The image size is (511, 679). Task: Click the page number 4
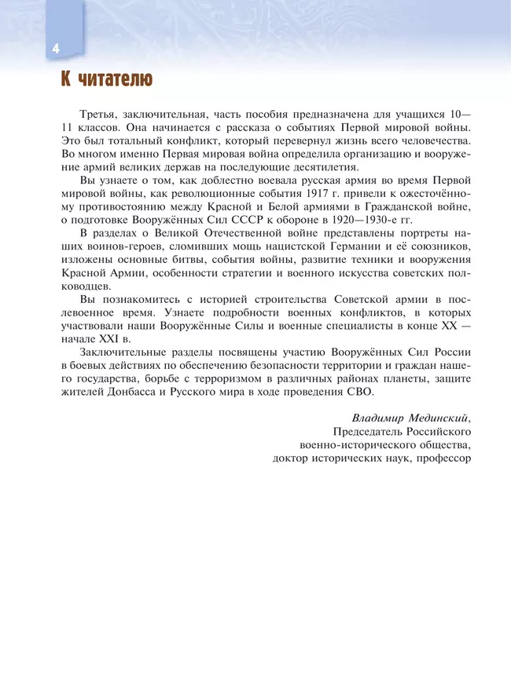(x=56, y=49)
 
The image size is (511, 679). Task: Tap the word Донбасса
(x=133, y=391)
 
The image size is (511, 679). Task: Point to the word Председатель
(x=368, y=432)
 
